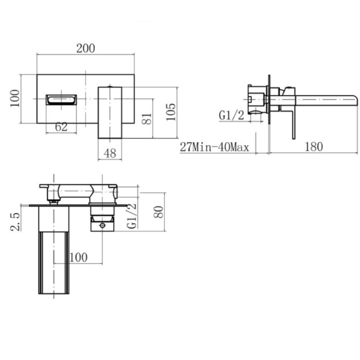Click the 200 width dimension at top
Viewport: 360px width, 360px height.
tap(86, 48)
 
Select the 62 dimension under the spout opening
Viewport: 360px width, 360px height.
tap(61, 127)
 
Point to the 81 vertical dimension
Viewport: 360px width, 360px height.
tap(147, 118)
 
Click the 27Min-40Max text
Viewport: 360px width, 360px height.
tap(214, 147)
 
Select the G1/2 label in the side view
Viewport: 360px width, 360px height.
tap(231, 116)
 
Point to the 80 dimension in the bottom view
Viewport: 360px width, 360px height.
tap(159, 212)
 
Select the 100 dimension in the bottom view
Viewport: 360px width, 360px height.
tap(78, 257)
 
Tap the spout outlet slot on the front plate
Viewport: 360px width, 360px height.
tap(61, 99)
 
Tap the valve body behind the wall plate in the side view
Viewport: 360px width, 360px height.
tap(256, 99)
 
